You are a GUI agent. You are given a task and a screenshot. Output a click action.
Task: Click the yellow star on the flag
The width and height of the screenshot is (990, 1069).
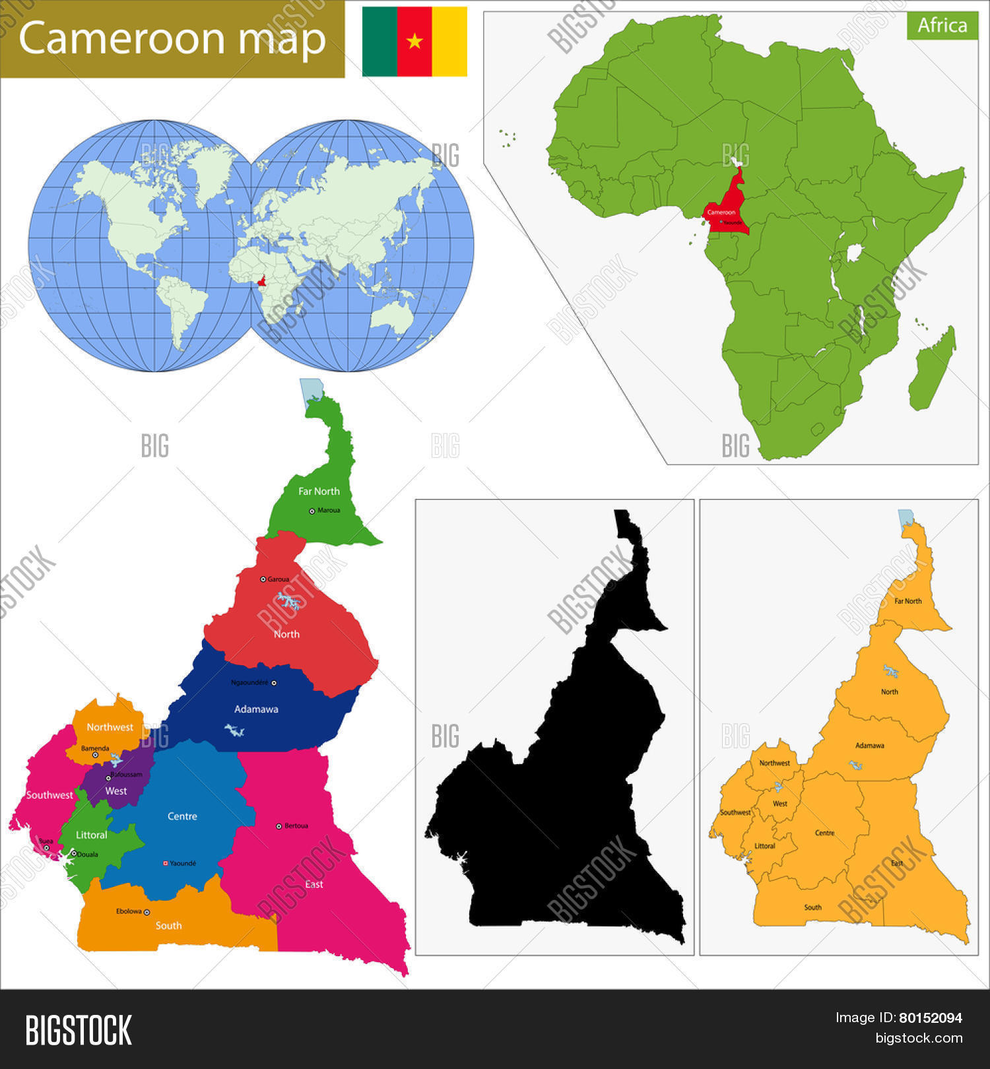(414, 42)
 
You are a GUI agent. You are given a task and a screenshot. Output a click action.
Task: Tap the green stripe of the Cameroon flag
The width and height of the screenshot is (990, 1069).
(379, 42)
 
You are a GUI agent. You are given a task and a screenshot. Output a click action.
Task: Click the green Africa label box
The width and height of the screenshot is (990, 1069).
(942, 25)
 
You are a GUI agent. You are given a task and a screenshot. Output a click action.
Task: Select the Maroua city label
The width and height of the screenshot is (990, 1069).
(328, 510)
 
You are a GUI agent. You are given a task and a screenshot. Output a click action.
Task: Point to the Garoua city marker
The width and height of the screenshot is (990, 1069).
(263, 579)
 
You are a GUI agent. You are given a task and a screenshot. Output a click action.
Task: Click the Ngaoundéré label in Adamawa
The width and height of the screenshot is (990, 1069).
(249, 682)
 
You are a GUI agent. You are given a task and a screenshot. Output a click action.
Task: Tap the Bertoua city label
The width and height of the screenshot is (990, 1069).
(296, 826)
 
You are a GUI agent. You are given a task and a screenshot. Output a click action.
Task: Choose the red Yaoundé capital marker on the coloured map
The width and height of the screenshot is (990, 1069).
(165, 863)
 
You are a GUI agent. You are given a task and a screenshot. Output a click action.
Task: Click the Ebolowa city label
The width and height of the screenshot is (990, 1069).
(129, 911)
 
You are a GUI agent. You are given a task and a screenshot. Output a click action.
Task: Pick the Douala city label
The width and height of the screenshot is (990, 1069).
(88, 854)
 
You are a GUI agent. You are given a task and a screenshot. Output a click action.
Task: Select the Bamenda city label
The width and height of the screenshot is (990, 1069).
(95, 748)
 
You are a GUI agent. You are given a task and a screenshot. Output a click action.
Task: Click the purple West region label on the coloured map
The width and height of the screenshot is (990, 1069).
(116, 791)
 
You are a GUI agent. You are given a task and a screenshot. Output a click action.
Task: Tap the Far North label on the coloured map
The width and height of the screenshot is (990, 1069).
(319, 491)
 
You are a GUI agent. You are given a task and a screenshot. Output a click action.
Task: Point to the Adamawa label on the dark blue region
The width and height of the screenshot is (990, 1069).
(256, 709)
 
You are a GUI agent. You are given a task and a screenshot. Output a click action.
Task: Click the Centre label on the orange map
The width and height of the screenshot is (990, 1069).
(824, 833)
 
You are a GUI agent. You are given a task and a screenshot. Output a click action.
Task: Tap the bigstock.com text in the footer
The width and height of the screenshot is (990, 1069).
(919, 1038)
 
